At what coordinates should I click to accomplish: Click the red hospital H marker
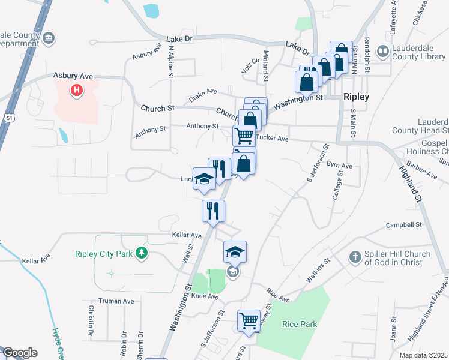point(77,91)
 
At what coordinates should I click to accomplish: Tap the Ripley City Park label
point(103,254)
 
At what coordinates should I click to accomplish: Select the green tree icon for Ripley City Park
point(142,253)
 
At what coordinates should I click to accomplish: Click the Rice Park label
point(299,325)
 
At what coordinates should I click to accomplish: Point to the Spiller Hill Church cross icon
point(355,257)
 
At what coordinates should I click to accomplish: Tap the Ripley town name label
point(356,97)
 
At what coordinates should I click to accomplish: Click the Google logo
point(19,353)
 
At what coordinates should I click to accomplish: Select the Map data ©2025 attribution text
point(423,355)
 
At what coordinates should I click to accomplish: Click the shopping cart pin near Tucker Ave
point(244,136)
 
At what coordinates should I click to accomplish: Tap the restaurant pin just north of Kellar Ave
point(213,211)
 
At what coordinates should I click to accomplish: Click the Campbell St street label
point(405,225)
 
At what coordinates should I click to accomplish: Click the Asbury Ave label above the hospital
point(73,76)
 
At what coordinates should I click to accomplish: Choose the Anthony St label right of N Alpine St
point(202,127)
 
